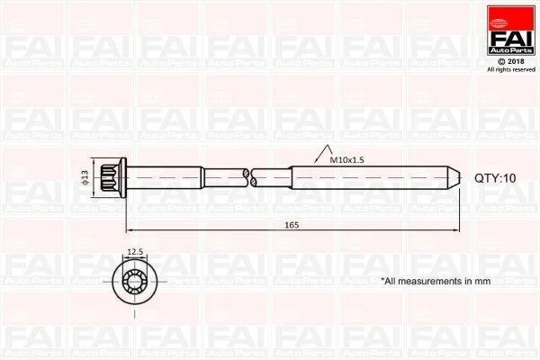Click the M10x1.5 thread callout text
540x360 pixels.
(346, 160)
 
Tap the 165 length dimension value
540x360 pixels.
(292, 225)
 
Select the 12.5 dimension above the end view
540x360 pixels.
(135, 252)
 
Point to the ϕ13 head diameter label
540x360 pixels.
(85, 177)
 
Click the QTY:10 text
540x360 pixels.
(495, 178)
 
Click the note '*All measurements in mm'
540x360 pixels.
(436, 281)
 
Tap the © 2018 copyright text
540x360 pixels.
(511, 62)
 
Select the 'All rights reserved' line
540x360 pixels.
(511, 69)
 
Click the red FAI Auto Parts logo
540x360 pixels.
(511, 30)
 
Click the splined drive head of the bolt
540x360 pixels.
(110, 178)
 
